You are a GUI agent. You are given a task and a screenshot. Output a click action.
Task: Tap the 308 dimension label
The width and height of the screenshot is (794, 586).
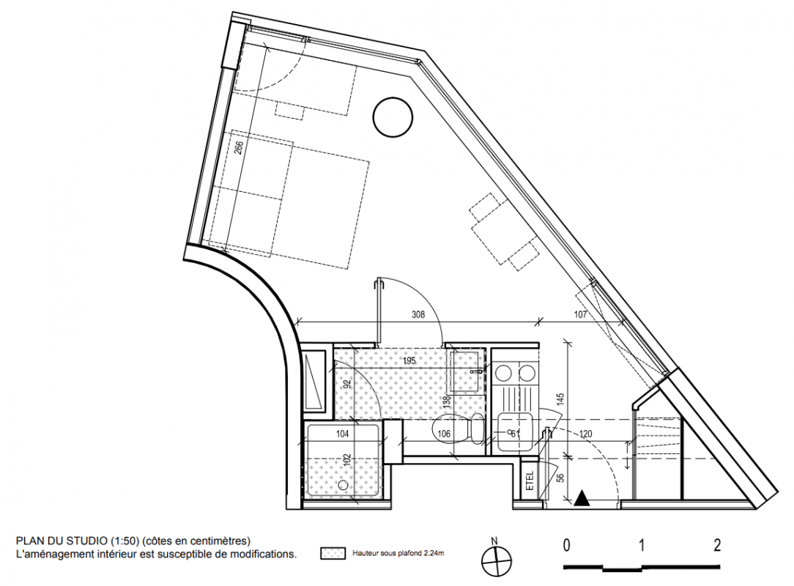pyautogui.click(x=418, y=314)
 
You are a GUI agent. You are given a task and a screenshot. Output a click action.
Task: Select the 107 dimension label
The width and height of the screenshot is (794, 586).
pyautogui.click(x=580, y=314)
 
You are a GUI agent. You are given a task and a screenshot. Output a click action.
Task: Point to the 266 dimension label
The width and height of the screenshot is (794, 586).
pyautogui.click(x=240, y=147)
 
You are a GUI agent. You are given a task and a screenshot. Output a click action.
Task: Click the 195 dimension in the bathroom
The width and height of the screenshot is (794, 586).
pyautogui.click(x=409, y=360)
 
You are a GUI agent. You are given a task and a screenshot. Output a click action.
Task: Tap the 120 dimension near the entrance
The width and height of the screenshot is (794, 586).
pyautogui.click(x=586, y=434)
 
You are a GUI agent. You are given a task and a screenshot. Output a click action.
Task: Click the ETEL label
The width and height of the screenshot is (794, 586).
pyautogui.click(x=530, y=480)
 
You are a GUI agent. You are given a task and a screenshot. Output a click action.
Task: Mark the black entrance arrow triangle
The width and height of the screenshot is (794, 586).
pyautogui.click(x=582, y=498)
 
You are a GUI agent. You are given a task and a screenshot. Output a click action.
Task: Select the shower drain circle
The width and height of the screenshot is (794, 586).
pyautogui.click(x=343, y=485)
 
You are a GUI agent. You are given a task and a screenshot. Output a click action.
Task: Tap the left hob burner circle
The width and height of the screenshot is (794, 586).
pyautogui.click(x=503, y=374)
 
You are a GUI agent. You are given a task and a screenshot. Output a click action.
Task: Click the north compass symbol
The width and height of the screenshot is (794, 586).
pyautogui.click(x=497, y=560)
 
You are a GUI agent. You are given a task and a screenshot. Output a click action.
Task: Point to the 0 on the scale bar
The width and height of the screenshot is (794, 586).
pyautogui.click(x=567, y=546)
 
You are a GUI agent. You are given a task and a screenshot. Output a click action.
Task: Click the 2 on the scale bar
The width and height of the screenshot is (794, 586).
pyautogui.click(x=716, y=546)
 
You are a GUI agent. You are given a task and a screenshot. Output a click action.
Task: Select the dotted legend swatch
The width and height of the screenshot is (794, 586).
pyautogui.click(x=333, y=554)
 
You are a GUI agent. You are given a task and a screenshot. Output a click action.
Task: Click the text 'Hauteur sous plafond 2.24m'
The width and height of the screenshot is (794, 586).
pyautogui.click(x=398, y=554)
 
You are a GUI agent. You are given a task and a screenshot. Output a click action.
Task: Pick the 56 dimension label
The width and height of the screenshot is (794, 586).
pyautogui.click(x=560, y=479)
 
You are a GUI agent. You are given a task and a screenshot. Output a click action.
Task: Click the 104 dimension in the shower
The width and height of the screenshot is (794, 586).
pyautogui.click(x=343, y=434)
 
